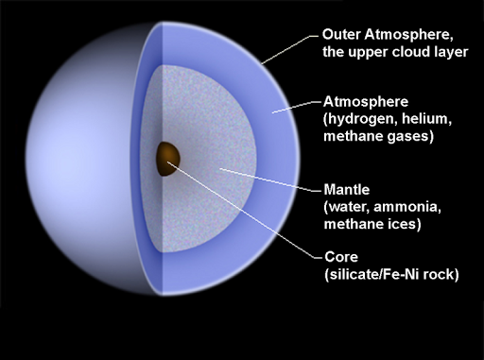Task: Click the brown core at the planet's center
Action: [x=167, y=159]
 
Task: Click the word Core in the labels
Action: [x=341, y=257]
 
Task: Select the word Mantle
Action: [x=347, y=190]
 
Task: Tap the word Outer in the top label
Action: [x=341, y=34]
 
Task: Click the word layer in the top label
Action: [x=451, y=53]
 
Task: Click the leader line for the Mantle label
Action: [x=270, y=180]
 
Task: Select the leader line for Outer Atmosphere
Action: [x=290, y=50]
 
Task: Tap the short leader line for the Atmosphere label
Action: [x=296, y=107]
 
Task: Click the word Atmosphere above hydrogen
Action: [x=366, y=102]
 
